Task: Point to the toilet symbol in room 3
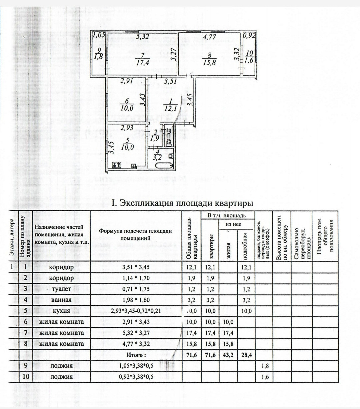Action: [x=169, y=142]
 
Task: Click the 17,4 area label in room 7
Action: [x=143, y=62]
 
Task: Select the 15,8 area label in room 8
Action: [x=209, y=62]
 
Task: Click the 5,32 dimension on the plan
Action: [x=143, y=37]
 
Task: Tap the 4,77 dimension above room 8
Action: [x=209, y=37]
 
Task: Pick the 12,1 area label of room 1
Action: [x=172, y=108]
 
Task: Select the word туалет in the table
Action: [x=62, y=289]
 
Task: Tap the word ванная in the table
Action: [x=61, y=300]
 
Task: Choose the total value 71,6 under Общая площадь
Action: [x=191, y=355]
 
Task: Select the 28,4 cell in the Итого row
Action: [x=246, y=355]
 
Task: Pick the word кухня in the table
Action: [x=61, y=311]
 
